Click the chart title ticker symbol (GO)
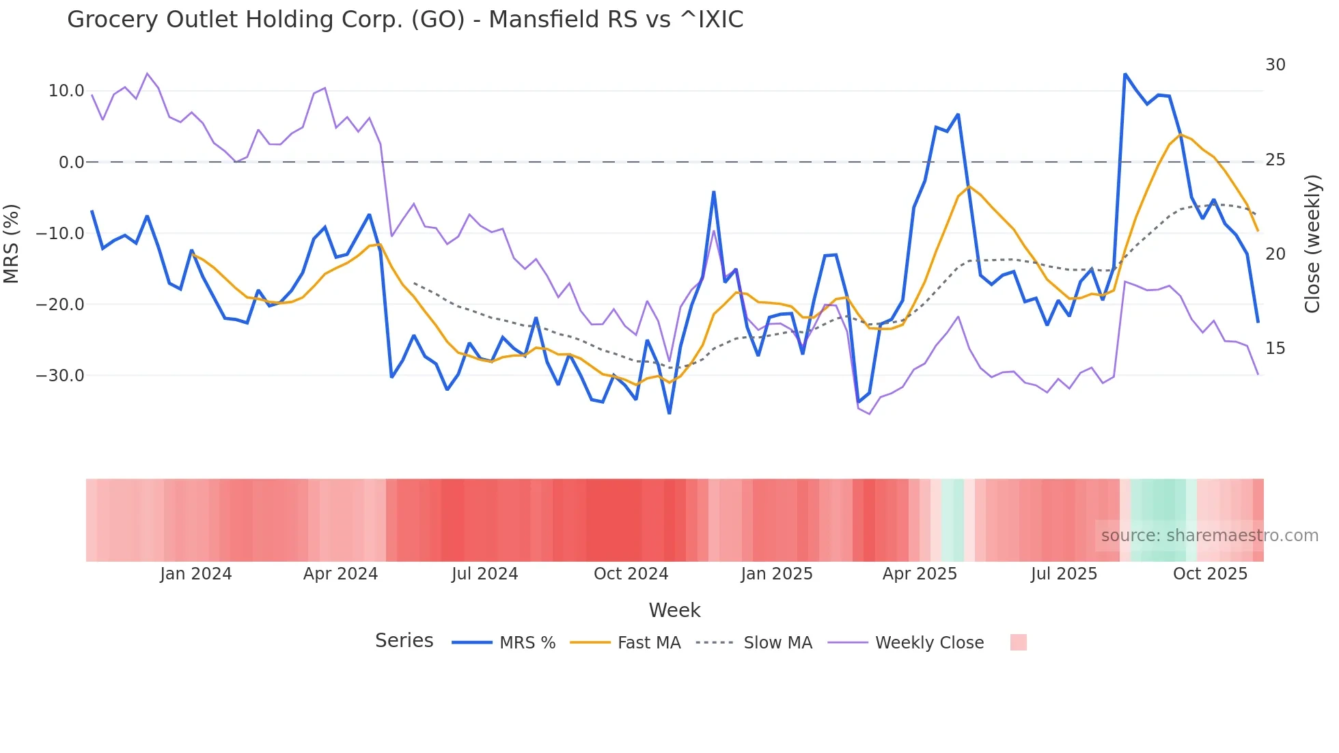pos(438,20)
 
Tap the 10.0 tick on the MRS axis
pos(66,91)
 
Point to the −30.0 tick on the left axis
pos(61,376)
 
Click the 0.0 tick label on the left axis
pos(72,163)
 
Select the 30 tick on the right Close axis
pos(1275,65)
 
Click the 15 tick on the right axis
pos(1275,348)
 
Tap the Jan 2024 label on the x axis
pos(196,574)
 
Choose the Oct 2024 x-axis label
pos(631,574)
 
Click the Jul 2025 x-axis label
pos(1064,574)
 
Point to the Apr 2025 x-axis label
pos(920,574)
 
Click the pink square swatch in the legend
pos(1018,642)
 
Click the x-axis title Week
pos(674,610)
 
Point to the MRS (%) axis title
pos(12,243)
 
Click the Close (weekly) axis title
pos(1312,243)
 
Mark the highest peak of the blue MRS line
pos(1124,74)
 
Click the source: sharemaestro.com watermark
pos(1209,536)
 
